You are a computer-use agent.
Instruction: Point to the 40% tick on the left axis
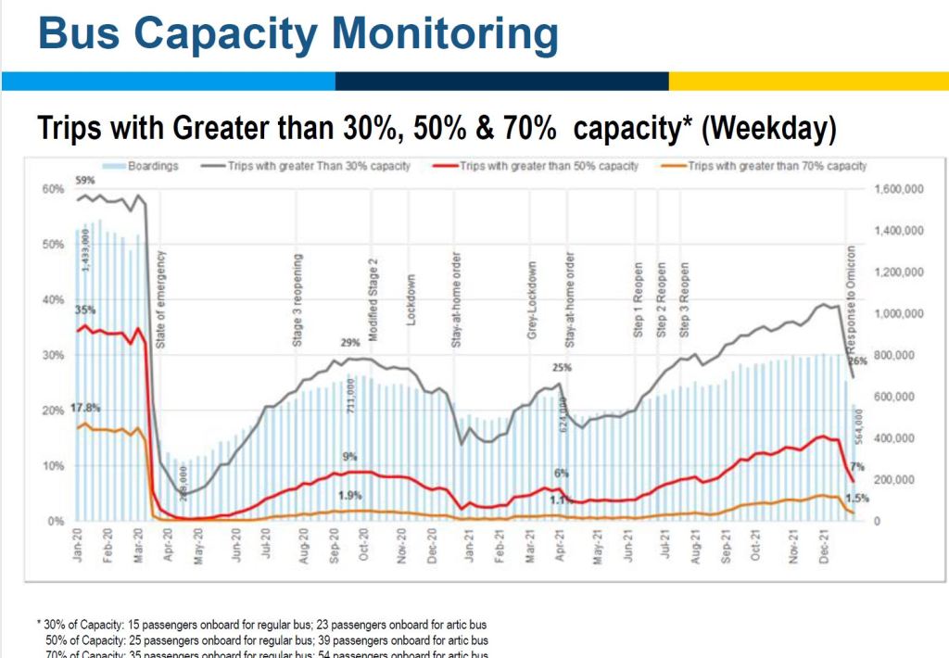(51, 300)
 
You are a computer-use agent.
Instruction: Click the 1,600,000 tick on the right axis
(900, 189)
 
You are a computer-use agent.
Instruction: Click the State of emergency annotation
(160, 297)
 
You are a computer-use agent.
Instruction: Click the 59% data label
(86, 180)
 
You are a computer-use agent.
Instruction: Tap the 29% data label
(349, 344)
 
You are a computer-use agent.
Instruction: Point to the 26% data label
(857, 361)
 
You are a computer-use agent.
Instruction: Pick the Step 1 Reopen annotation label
(639, 298)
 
